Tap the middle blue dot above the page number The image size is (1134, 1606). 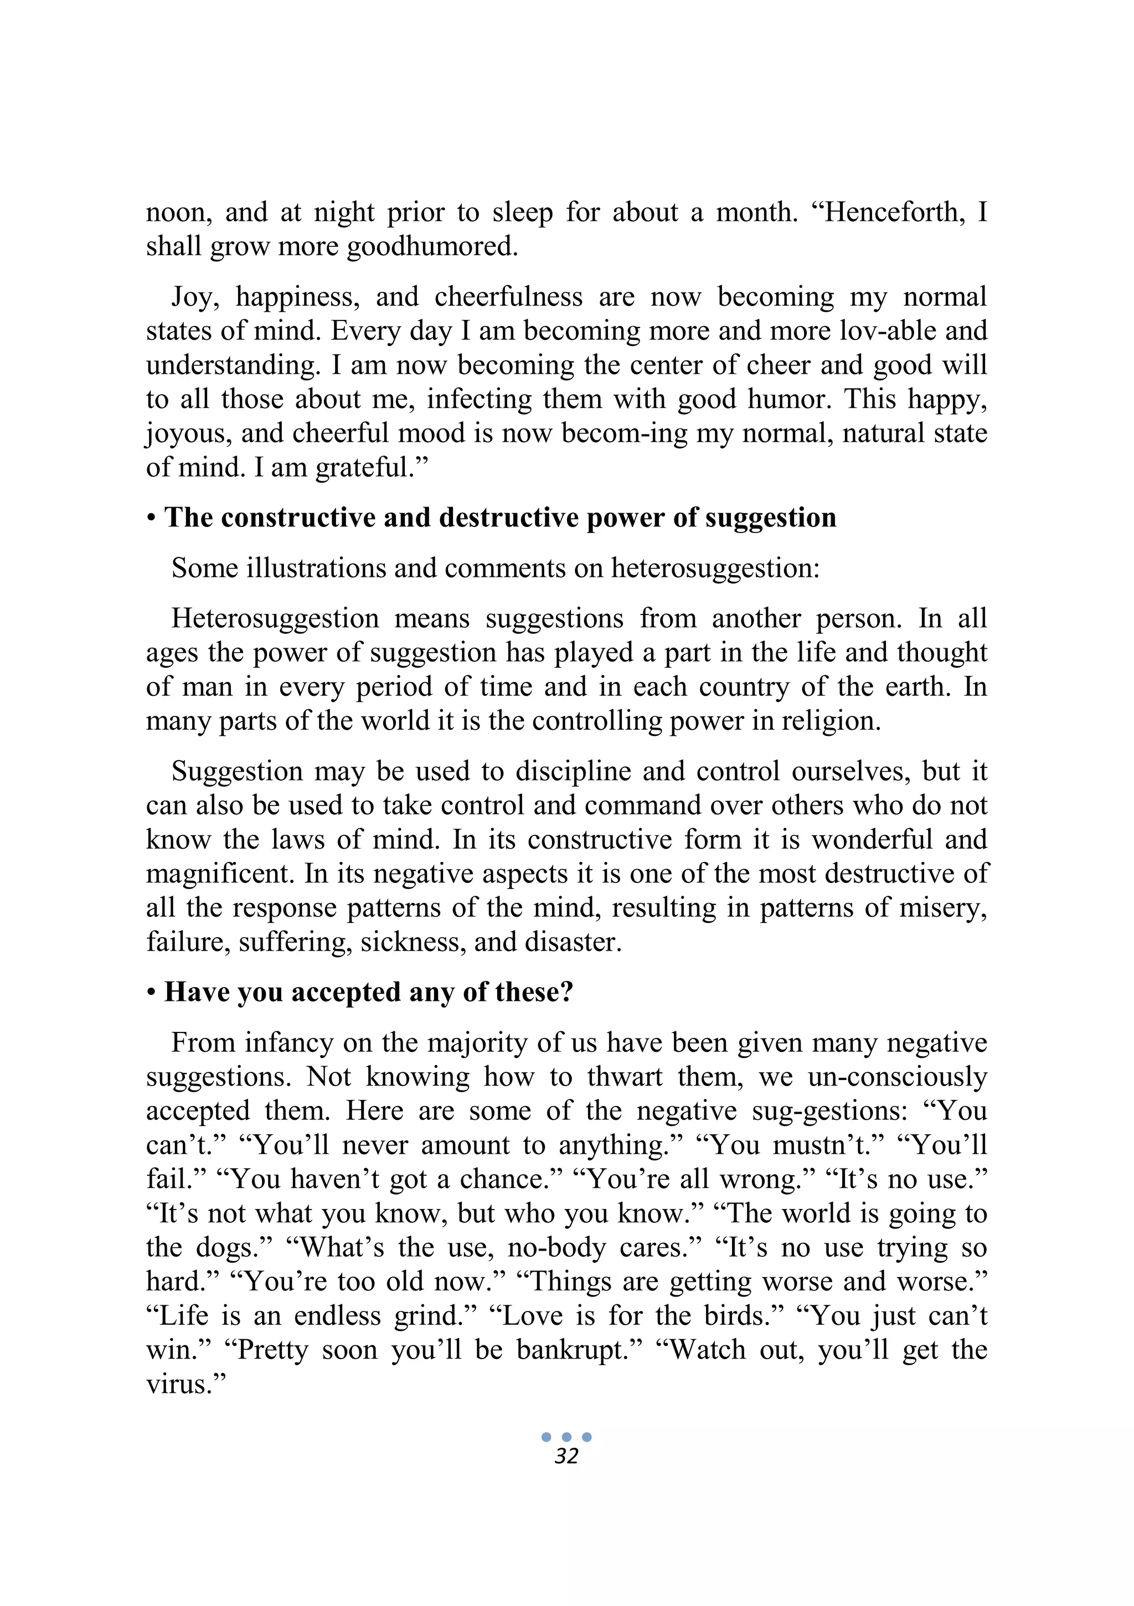(x=566, y=1437)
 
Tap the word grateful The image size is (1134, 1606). (x=371, y=467)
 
